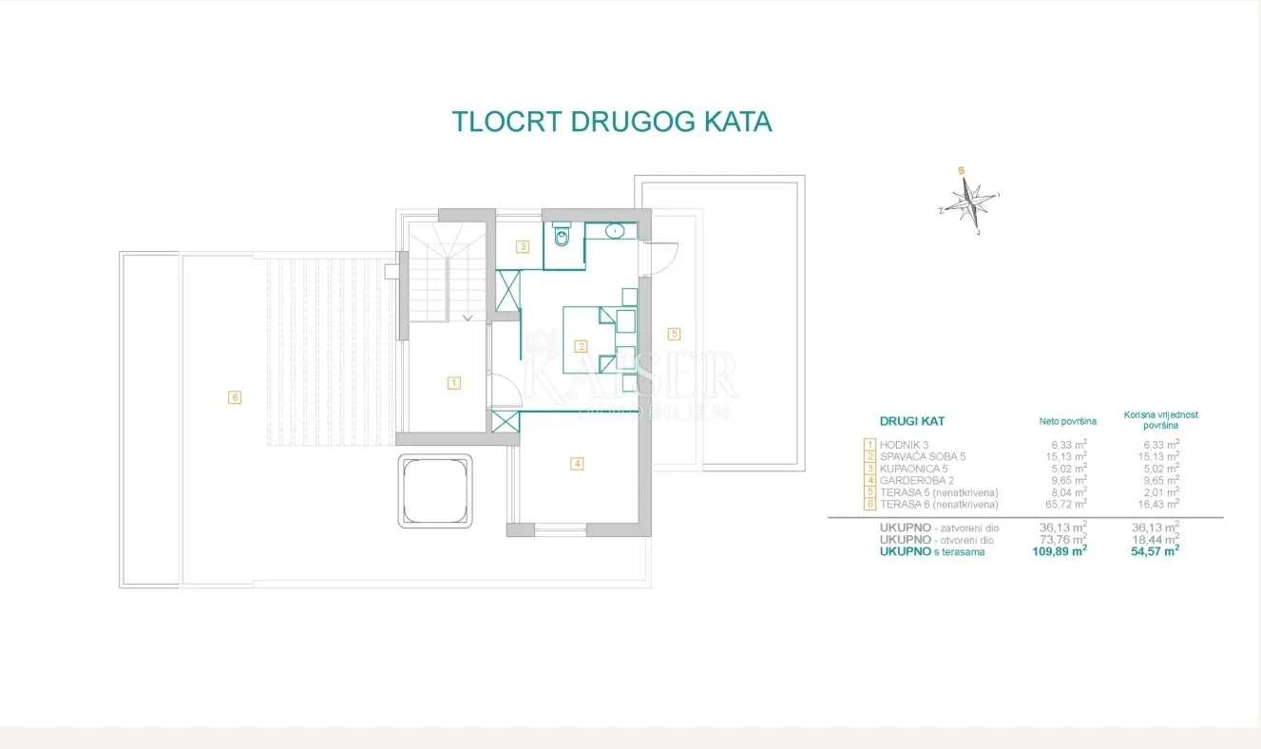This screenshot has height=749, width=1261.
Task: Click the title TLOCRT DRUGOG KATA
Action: pyautogui.click(x=612, y=122)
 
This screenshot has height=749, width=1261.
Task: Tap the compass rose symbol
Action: pyautogui.click(x=970, y=202)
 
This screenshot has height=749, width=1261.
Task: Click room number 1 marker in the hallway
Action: pyautogui.click(x=453, y=383)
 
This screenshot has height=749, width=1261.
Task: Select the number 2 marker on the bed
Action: pyautogui.click(x=581, y=346)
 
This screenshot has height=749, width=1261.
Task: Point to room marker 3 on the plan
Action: pyautogui.click(x=523, y=247)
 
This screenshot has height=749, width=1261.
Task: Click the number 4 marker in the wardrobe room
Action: pyautogui.click(x=577, y=464)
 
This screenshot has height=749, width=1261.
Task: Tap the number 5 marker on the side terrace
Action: pyautogui.click(x=674, y=334)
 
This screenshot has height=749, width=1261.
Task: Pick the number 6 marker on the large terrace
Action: pyautogui.click(x=235, y=397)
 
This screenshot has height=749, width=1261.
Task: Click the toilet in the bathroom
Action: pyautogui.click(x=562, y=234)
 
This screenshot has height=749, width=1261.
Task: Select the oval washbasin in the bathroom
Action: pyautogui.click(x=615, y=230)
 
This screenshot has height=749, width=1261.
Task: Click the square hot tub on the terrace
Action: pyautogui.click(x=435, y=491)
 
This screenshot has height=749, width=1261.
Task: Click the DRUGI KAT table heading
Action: pyautogui.click(x=912, y=421)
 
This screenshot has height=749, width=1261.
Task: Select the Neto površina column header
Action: pyautogui.click(x=1067, y=421)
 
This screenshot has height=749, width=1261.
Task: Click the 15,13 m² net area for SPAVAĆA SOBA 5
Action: pyautogui.click(x=1065, y=456)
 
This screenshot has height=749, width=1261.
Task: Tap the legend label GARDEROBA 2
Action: pyautogui.click(x=916, y=480)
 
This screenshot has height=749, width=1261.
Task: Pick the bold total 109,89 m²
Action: pyautogui.click(x=1059, y=551)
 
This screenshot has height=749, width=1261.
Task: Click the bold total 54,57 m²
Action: pyautogui.click(x=1155, y=551)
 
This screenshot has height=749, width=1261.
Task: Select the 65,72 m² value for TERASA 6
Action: pyautogui.click(x=1065, y=504)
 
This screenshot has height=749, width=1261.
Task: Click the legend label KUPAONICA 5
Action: pyautogui.click(x=913, y=469)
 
